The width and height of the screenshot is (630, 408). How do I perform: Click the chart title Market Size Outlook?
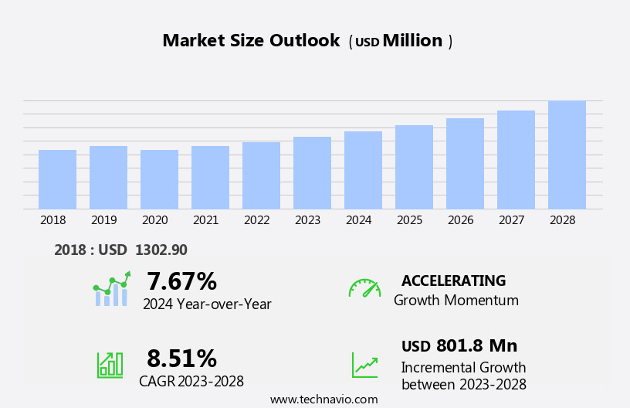click(x=251, y=41)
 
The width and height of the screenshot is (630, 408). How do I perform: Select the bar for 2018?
click(x=57, y=179)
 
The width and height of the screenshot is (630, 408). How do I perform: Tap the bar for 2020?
click(x=159, y=179)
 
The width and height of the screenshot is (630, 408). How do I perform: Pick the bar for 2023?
click(x=312, y=173)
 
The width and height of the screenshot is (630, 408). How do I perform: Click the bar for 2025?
click(x=414, y=167)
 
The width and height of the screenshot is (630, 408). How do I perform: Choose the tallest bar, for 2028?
click(x=567, y=155)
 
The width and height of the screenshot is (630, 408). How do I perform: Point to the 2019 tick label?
click(x=104, y=220)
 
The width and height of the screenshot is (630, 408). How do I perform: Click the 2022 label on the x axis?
click(x=257, y=220)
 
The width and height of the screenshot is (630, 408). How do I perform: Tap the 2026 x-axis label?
click(x=461, y=220)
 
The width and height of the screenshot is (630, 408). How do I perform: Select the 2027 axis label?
click(x=512, y=220)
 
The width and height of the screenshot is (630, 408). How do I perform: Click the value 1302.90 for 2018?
click(x=161, y=250)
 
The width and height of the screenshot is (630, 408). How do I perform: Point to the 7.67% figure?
click(x=181, y=281)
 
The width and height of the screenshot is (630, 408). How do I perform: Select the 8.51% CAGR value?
click(x=181, y=359)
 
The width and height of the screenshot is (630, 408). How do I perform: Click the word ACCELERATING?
click(x=453, y=281)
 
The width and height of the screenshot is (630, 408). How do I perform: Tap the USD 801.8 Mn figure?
click(x=459, y=346)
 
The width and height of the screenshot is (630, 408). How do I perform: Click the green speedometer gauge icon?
click(x=364, y=288)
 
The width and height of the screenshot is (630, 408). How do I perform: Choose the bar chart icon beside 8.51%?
click(x=110, y=365)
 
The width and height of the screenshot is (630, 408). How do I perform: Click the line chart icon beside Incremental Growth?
click(x=364, y=365)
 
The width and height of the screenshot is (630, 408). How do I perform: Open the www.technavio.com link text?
click(x=323, y=399)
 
